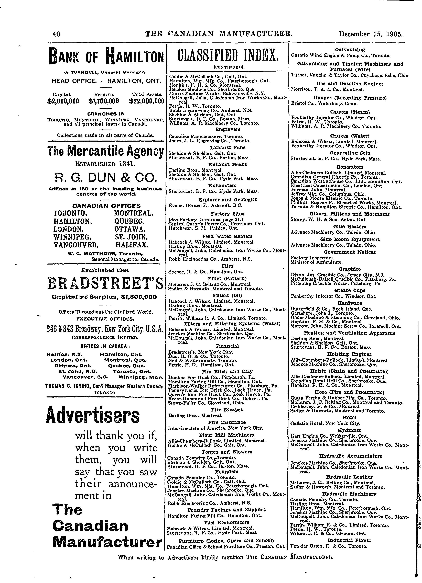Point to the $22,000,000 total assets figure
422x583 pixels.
[x=147, y=101]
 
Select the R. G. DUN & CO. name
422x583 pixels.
[x=105, y=177]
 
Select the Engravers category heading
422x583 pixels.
[x=228, y=129]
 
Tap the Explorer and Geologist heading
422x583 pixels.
[x=228, y=199]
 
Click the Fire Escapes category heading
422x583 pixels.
[x=226, y=409]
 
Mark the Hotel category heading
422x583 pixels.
[x=349, y=417]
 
